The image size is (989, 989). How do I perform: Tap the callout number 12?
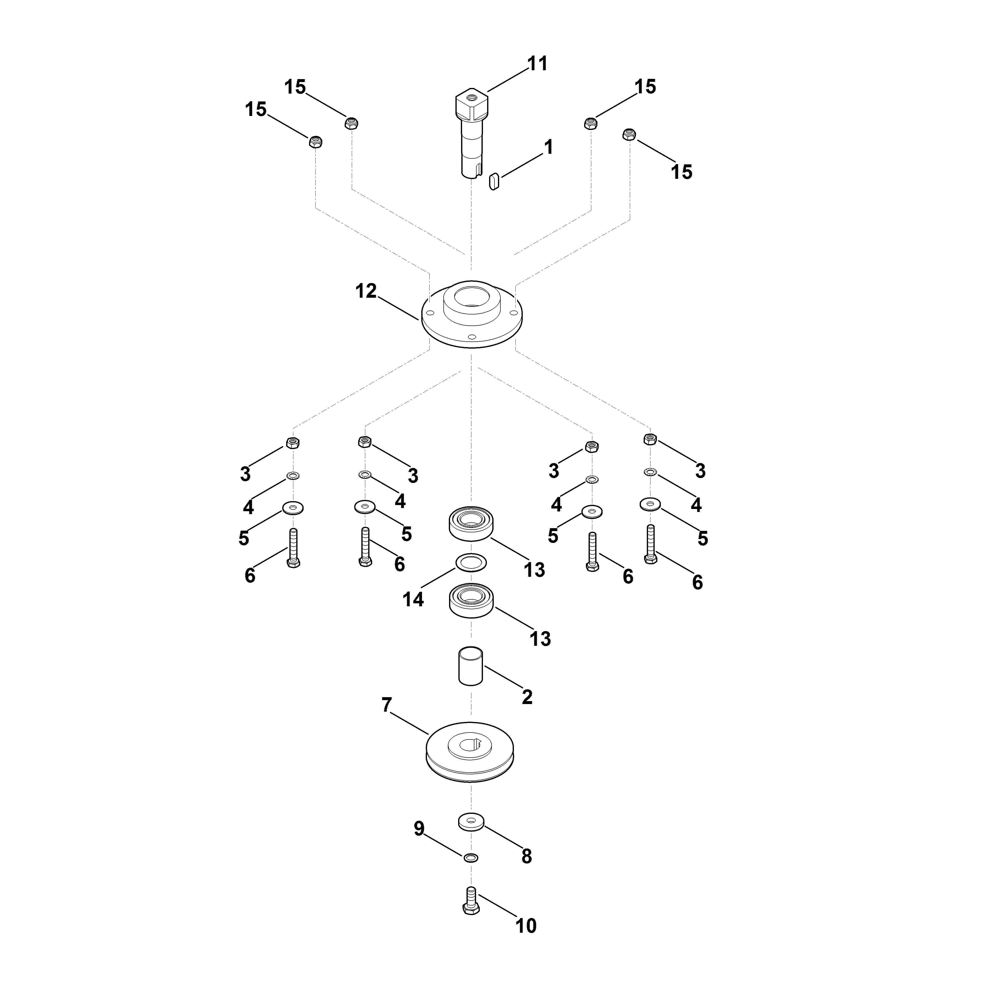pyautogui.click(x=366, y=291)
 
